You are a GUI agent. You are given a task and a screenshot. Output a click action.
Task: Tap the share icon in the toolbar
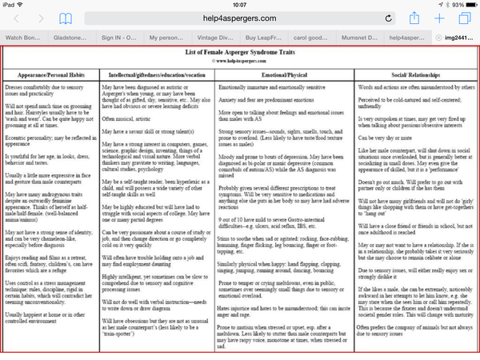pos(414,18)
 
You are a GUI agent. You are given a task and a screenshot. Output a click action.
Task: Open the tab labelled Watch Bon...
pos(25,37)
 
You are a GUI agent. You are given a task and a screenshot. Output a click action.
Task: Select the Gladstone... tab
pos(73,37)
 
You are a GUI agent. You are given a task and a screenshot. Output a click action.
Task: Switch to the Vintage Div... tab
pos(218,37)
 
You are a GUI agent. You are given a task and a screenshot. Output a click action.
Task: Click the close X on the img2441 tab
pos(437,37)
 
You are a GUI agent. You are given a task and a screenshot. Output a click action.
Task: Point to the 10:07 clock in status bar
pos(239,5)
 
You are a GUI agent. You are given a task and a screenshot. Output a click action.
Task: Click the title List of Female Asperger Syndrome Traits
pos(240,53)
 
